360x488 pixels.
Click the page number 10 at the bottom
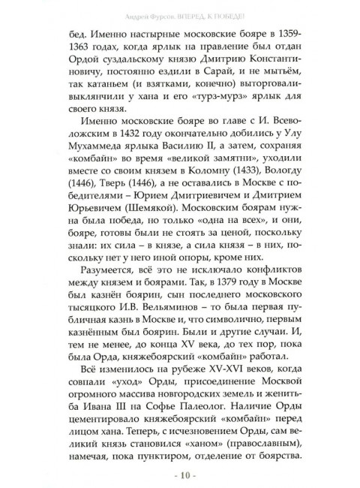pos(181,476)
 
